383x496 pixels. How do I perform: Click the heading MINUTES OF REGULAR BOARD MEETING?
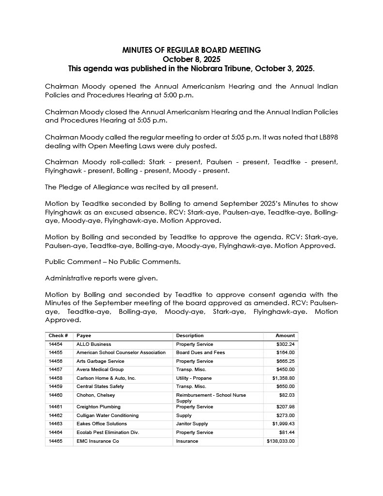pyautogui.click(x=191, y=50)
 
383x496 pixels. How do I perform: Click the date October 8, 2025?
pyautogui.click(x=191, y=59)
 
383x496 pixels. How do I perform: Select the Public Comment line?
pyautogui.click(x=113, y=262)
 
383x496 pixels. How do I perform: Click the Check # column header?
pyautogui.click(x=58, y=336)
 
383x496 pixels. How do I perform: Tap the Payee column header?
pyautogui.click(x=84, y=336)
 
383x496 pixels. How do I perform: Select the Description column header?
pyautogui.click(x=190, y=336)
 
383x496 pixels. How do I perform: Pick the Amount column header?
pyautogui.click(x=285, y=336)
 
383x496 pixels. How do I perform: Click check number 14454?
pyautogui.click(x=56, y=344)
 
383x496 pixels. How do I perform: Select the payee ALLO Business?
pyautogui.click(x=93, y=344)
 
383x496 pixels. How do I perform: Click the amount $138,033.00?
pyautogui.click(x=280, y=441)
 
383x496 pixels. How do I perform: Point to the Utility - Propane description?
pyautogui.click(x=194, y=378)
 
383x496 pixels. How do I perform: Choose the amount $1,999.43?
pyautogui.click(x=283, y=424)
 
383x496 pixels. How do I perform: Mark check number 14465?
pyautogui.click(x=56, y=441)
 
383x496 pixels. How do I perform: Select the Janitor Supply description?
pyautogui.click(x=192, y=424)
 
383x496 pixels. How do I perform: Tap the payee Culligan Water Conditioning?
pyautogui.click(x=107, y=416)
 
